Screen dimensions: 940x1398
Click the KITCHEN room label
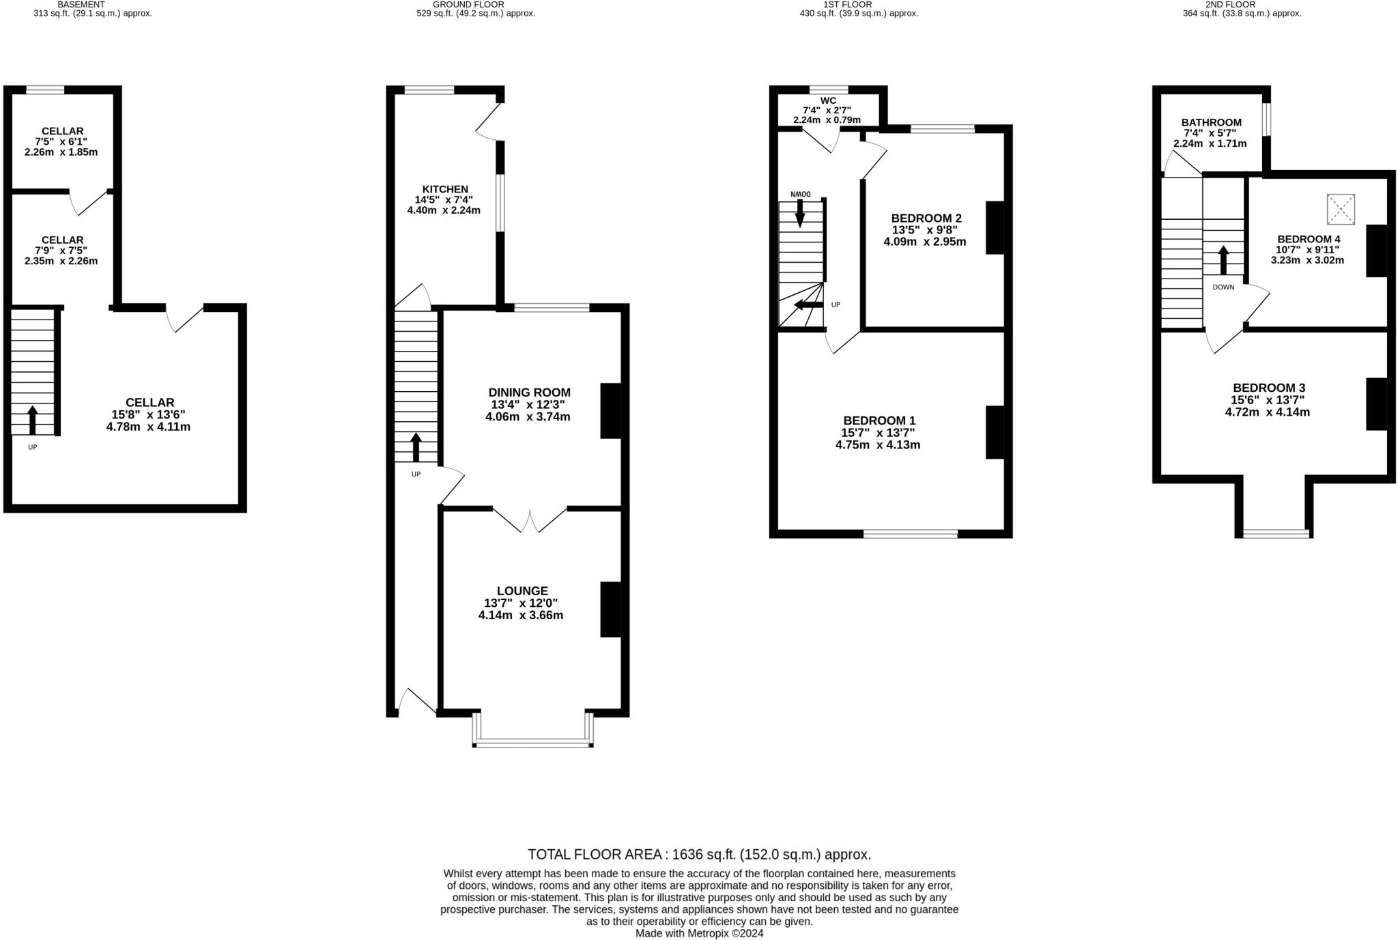point(445,189)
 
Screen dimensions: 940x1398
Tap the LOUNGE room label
point(522,590)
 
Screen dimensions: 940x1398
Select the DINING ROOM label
point(529,392)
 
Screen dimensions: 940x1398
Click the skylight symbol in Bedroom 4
point(1341,209)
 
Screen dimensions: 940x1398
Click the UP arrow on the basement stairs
point(32,420)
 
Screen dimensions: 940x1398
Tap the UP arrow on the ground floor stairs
point(416,447)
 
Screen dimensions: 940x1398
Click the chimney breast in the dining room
point(610,410)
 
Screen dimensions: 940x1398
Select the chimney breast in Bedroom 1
point(995,432)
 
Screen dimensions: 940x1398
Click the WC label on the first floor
point(828,100)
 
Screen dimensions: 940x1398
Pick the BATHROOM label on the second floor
point(1211,123)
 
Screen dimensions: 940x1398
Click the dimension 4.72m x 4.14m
point(1267,412)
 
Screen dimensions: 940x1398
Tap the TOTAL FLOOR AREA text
point(699,854)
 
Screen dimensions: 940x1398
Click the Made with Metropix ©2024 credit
point(699,933)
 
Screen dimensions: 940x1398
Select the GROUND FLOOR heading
point(468,4)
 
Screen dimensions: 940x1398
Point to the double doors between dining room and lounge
point(530,520)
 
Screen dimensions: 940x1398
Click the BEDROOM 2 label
point(926,218)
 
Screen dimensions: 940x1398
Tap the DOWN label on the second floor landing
point(1223,287)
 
